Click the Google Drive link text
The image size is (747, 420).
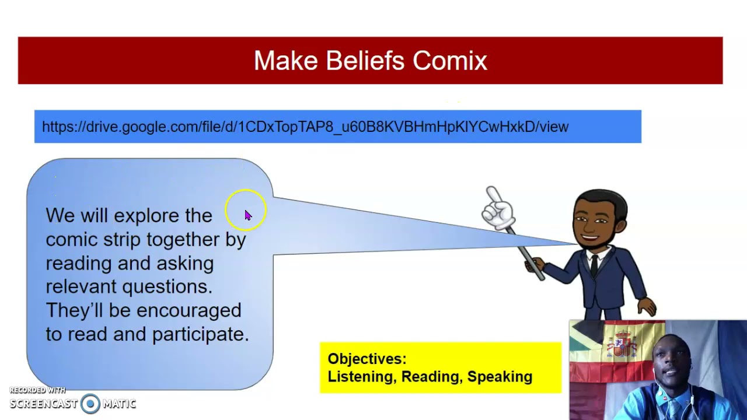pyautogui.click(x=305, y=127)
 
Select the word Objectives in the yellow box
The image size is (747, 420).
pyautogui.click(x=367, y=359)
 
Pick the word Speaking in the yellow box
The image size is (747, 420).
pyautogui.click(x=500, y=377)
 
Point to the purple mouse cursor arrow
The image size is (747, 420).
pyautogui.click(x=248, y=215)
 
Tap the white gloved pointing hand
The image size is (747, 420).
pyautogui.click(x=498, y=208)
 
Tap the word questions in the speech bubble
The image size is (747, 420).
pyautogui.click(x=167, y=287)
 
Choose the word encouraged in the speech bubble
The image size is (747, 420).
pyautogui.click(x=189, y=311)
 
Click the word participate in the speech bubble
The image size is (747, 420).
pyautogui.click(x=201, y=334)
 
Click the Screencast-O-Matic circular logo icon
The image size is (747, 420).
pyautogui.click(x=90, y=403)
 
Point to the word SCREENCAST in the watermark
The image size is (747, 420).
pyautogui.click(x=43, y=404)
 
